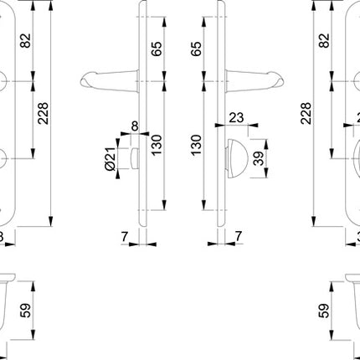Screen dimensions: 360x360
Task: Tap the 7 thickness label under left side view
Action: (x=123, y=238)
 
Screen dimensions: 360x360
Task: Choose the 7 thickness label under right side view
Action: (x=239, y=238)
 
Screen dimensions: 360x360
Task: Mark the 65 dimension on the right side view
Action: (x=197, y=47)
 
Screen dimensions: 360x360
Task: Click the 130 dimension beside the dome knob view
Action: (x=197, y=147)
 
